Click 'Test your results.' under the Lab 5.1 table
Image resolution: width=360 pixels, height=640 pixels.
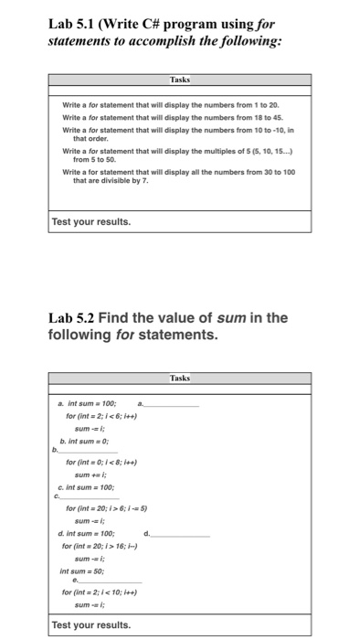91,222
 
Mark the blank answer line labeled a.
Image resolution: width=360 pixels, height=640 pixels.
173,404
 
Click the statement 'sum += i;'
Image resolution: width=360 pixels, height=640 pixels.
89,475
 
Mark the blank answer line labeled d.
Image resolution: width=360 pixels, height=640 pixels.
183,533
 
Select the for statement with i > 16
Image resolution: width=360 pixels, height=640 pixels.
100,546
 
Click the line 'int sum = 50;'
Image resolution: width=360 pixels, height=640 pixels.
81,571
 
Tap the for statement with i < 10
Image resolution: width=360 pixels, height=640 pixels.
101,592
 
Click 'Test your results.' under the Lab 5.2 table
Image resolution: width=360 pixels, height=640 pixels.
91,625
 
